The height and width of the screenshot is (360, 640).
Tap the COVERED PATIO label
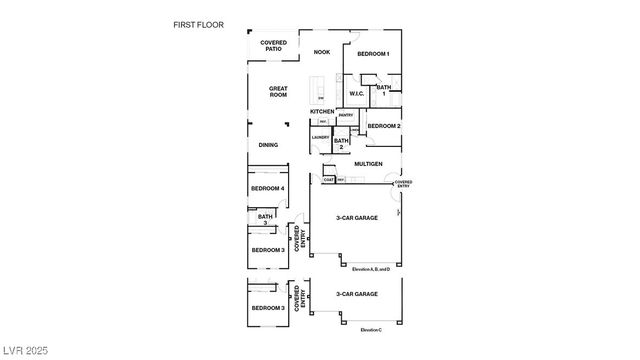pyautogui.click(x=273, y=47)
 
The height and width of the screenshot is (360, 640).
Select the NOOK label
pyautogui.click(x=321, y=52)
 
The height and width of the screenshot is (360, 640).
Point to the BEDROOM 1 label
pyautogui.click(x=374, y=53)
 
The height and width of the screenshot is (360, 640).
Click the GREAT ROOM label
pyautogui.click(x=278, y=91)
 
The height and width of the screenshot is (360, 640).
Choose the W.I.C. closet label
pyautogui.click(x=356, y=95)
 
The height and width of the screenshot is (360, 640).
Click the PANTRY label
pyautogui.click(x=345, y=115)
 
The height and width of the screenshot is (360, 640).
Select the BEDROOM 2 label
pyautogui.click(x=384, y=126)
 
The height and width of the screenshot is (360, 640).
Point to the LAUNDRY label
pyautogui.click(x=320, y=137)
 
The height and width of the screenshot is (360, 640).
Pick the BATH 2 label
pyautogui.click(x=341, y=144)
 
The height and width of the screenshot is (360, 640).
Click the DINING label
pyautogui.click(x=268, y=145)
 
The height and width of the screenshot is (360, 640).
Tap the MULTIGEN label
pyautogui.click(x=369, y=163)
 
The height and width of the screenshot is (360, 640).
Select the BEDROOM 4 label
pyautogui.click(x=268, y=188)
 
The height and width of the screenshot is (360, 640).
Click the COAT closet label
pyautogui.click(x=328, y=180)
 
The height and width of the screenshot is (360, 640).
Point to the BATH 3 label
pyautogui.click(x=265, y=218)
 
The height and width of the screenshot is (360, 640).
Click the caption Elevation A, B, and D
pyautogui.click(x=377, y=269)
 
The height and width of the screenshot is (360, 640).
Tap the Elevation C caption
pyautogui.click(x=371, y=329)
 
